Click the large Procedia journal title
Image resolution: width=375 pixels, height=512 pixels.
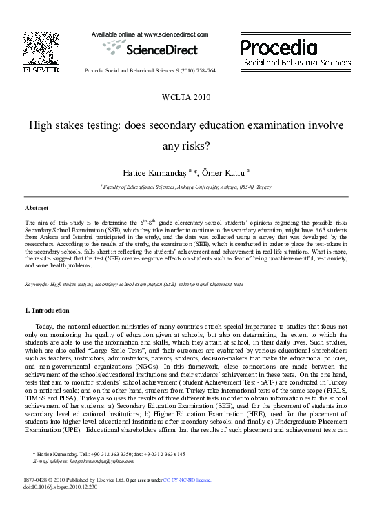279,48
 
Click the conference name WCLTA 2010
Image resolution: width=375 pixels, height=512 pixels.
186,97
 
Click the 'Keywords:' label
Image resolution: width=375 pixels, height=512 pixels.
38,284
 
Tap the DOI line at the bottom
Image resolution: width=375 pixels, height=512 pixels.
61,486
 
